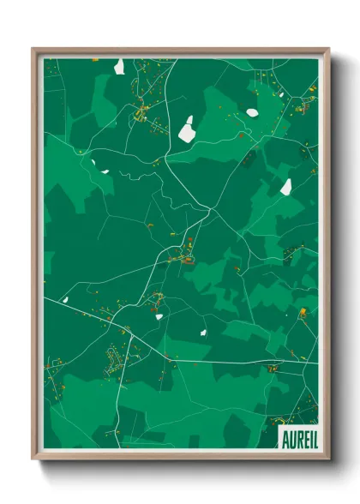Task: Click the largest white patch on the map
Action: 187,130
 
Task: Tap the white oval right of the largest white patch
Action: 252,112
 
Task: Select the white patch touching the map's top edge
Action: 119,65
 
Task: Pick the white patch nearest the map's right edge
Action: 286,186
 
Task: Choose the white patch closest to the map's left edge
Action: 105,171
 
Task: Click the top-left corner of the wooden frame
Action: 33,48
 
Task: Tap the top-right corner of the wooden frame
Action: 328,48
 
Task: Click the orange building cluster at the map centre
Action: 184,255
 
